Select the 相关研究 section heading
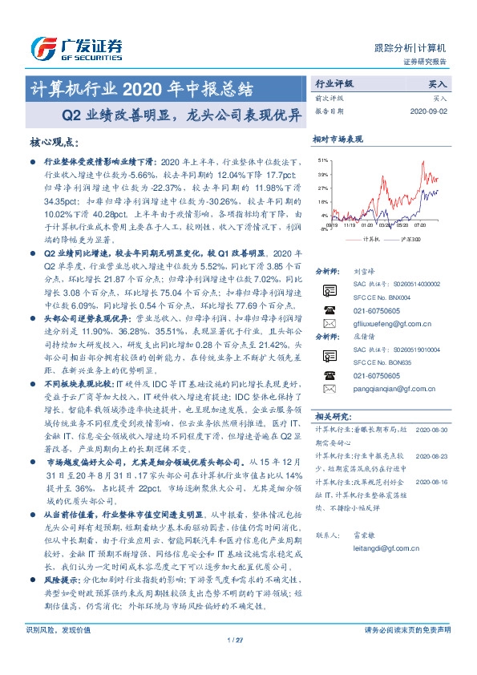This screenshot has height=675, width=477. point(330,416)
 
